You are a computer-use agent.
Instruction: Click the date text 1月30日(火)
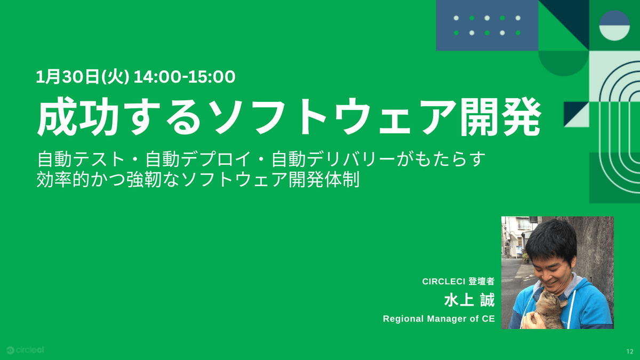(x=83, y=77)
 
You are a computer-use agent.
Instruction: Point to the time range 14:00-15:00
(x=185, y=77)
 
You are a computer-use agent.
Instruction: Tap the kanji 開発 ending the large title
(x=500, y=116)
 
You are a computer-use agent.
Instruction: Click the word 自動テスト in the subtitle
(x=81, y=159)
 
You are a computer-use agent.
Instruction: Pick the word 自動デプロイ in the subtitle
(x=198, y=159)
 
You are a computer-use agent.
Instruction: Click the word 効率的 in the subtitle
(x=63, y=179)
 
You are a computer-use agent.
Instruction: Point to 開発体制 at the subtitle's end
(x=324, y=179)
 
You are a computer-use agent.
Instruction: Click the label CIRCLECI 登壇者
(x=458, y=282)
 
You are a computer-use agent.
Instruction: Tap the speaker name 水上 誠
(x=469, y=300)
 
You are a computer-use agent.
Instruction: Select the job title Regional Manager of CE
(x=439, y=318)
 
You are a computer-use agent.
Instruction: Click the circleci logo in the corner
(x=26, y=350)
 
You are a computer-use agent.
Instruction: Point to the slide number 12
(x=630, y=351)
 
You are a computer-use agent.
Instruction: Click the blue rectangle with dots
(x=487, y=26)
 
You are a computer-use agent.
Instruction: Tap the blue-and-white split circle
(x=614, y=26)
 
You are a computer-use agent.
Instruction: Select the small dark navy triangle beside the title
(x=571, y=110)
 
